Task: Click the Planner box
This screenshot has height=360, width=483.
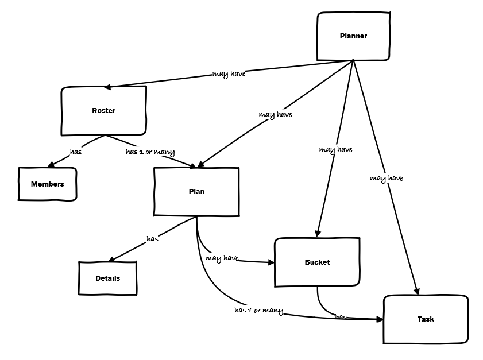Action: click(x=353, y=36)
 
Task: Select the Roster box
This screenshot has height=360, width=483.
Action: click(x=103, y=111)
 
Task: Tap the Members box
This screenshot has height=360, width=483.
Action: click(x=47, y=184)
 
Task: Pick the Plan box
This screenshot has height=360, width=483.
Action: click(x=196, y=192)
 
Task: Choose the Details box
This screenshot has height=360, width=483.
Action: click(x=107, y=278)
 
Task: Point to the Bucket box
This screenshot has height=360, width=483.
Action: click(x=317, y=262)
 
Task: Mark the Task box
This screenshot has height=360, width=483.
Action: click(x=426, y=319)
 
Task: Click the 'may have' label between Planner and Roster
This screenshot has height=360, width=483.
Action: click(x=229, y=74)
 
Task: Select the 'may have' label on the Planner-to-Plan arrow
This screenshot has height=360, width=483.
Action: click(x=275, y=115)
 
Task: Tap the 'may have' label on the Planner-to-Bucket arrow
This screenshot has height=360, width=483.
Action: click(x=335, y=150)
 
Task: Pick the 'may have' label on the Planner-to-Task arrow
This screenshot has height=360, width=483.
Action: click(x=386, y=179)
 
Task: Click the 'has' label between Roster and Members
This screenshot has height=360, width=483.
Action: click(x=75, y=152)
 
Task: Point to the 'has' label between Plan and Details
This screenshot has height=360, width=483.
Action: click(x=152, y=239)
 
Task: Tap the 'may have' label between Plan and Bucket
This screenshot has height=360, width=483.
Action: click(x=222, y=258)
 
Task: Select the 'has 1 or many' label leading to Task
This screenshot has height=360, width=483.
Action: click(x=258, y=311)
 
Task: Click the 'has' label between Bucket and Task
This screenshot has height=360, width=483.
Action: click(x=341, y=317)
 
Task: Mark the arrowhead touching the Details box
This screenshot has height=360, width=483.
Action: click(x=113, y=259)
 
